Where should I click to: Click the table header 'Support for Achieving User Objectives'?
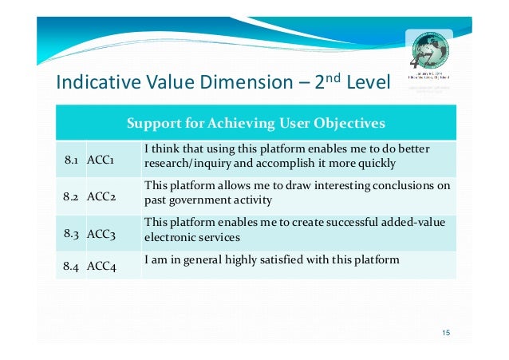255,124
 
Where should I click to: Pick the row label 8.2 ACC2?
90,197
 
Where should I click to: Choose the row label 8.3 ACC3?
90,233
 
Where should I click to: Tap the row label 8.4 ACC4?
90,267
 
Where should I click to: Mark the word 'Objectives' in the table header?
351,124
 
